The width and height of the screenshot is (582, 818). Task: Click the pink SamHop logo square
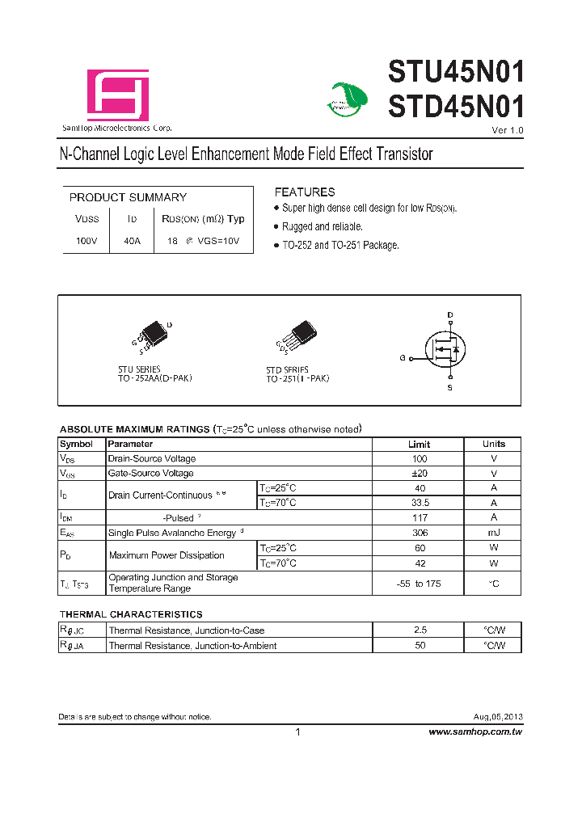[x=118, y=95]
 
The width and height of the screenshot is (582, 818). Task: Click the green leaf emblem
[x=349, y=99]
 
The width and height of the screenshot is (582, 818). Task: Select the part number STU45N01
[x=457, y=74]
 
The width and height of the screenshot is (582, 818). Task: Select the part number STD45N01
[x=457, y=108]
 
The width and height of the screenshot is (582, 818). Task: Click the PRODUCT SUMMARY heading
[x=128, y=197]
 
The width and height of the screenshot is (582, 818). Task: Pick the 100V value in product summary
[x=86, y=241]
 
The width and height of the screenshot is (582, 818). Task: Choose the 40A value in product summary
[x=132, y=241]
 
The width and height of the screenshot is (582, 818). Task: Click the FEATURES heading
[x=305, y=192]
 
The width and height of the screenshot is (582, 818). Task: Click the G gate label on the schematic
[x=402, y=357]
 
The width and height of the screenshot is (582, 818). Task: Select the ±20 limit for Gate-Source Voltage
[x=419, y=474]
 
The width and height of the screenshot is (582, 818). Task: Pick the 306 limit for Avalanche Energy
[x=419, y=533]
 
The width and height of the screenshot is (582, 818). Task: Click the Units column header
[x=493, y=444]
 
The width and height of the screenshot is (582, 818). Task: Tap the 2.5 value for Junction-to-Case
[x=419, y=630]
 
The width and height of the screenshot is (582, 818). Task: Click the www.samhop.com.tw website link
[x=475, y=732]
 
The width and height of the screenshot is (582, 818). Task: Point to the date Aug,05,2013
[x=498, y=717]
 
